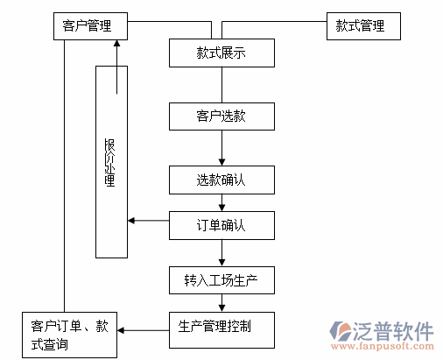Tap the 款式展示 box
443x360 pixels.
(x=221, y=53)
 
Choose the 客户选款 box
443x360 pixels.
(x=221, y=116)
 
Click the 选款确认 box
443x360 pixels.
(x=221, y=180)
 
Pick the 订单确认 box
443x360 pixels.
(x=221, y=225)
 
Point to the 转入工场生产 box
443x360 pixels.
(x=221, y=280)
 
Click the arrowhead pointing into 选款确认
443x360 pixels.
(x=221, y=163)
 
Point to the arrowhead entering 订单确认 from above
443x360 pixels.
(x=221, y=208)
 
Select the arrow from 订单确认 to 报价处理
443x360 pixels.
(x=149, y=220)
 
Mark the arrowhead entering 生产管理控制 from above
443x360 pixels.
(x=221, y=307)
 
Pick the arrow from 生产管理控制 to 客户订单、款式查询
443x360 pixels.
(x=143, y=330)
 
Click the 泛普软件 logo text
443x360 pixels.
(x=395, y=330)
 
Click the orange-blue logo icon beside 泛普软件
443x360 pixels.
(x=341, y=333)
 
